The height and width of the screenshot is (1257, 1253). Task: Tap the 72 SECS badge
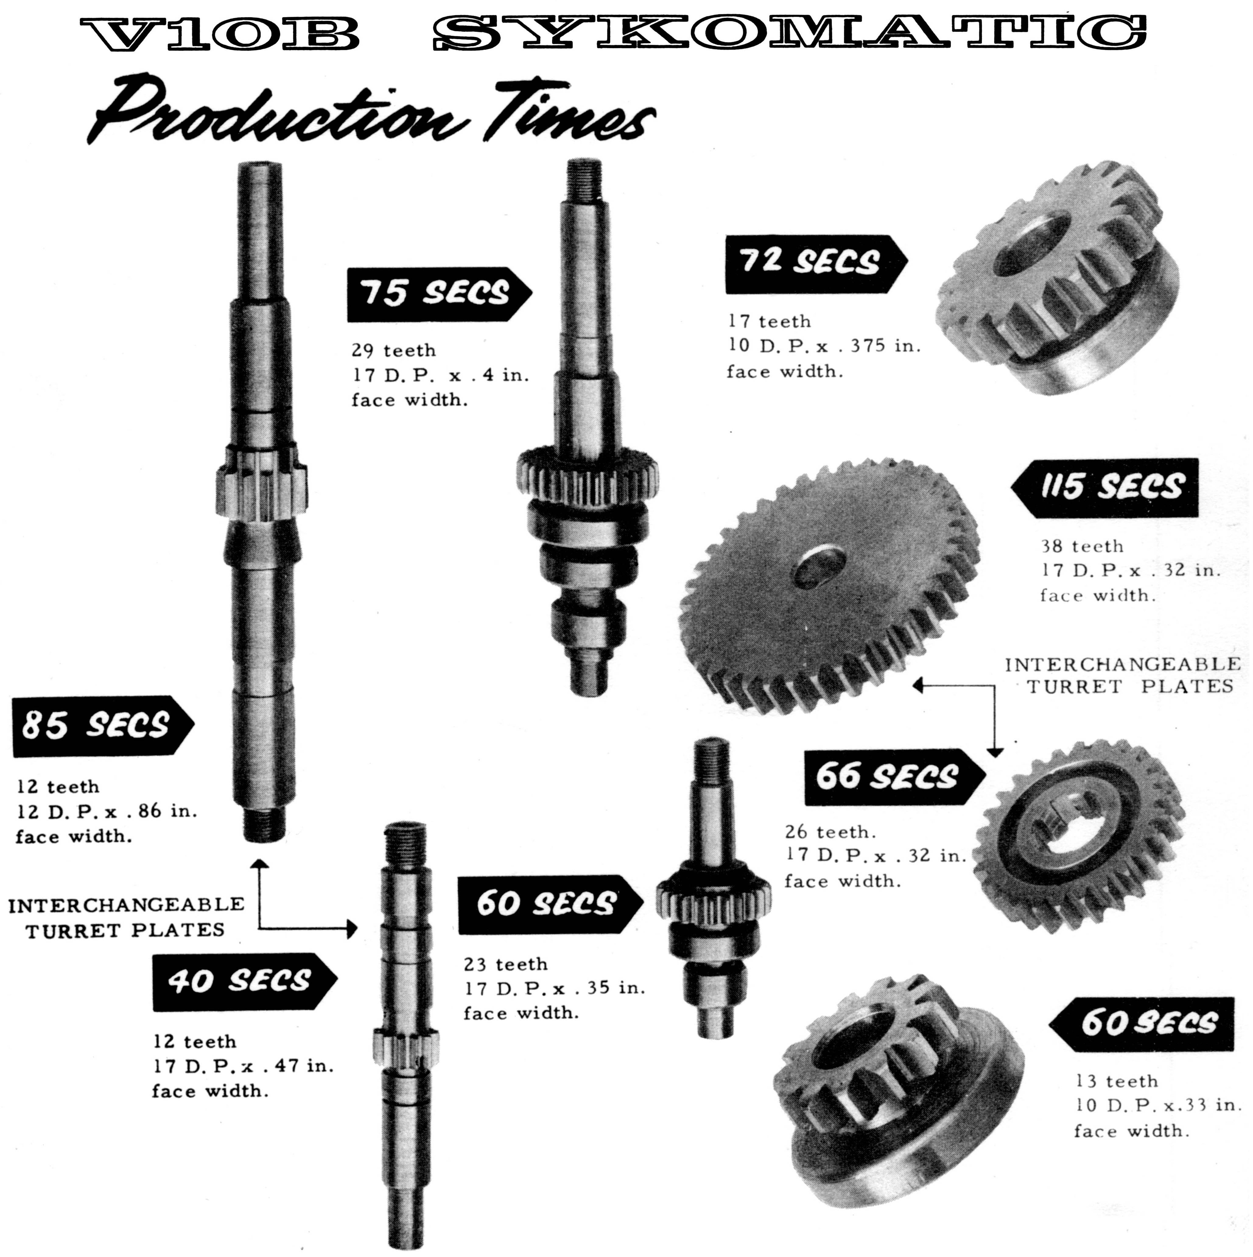click(816, 263)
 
